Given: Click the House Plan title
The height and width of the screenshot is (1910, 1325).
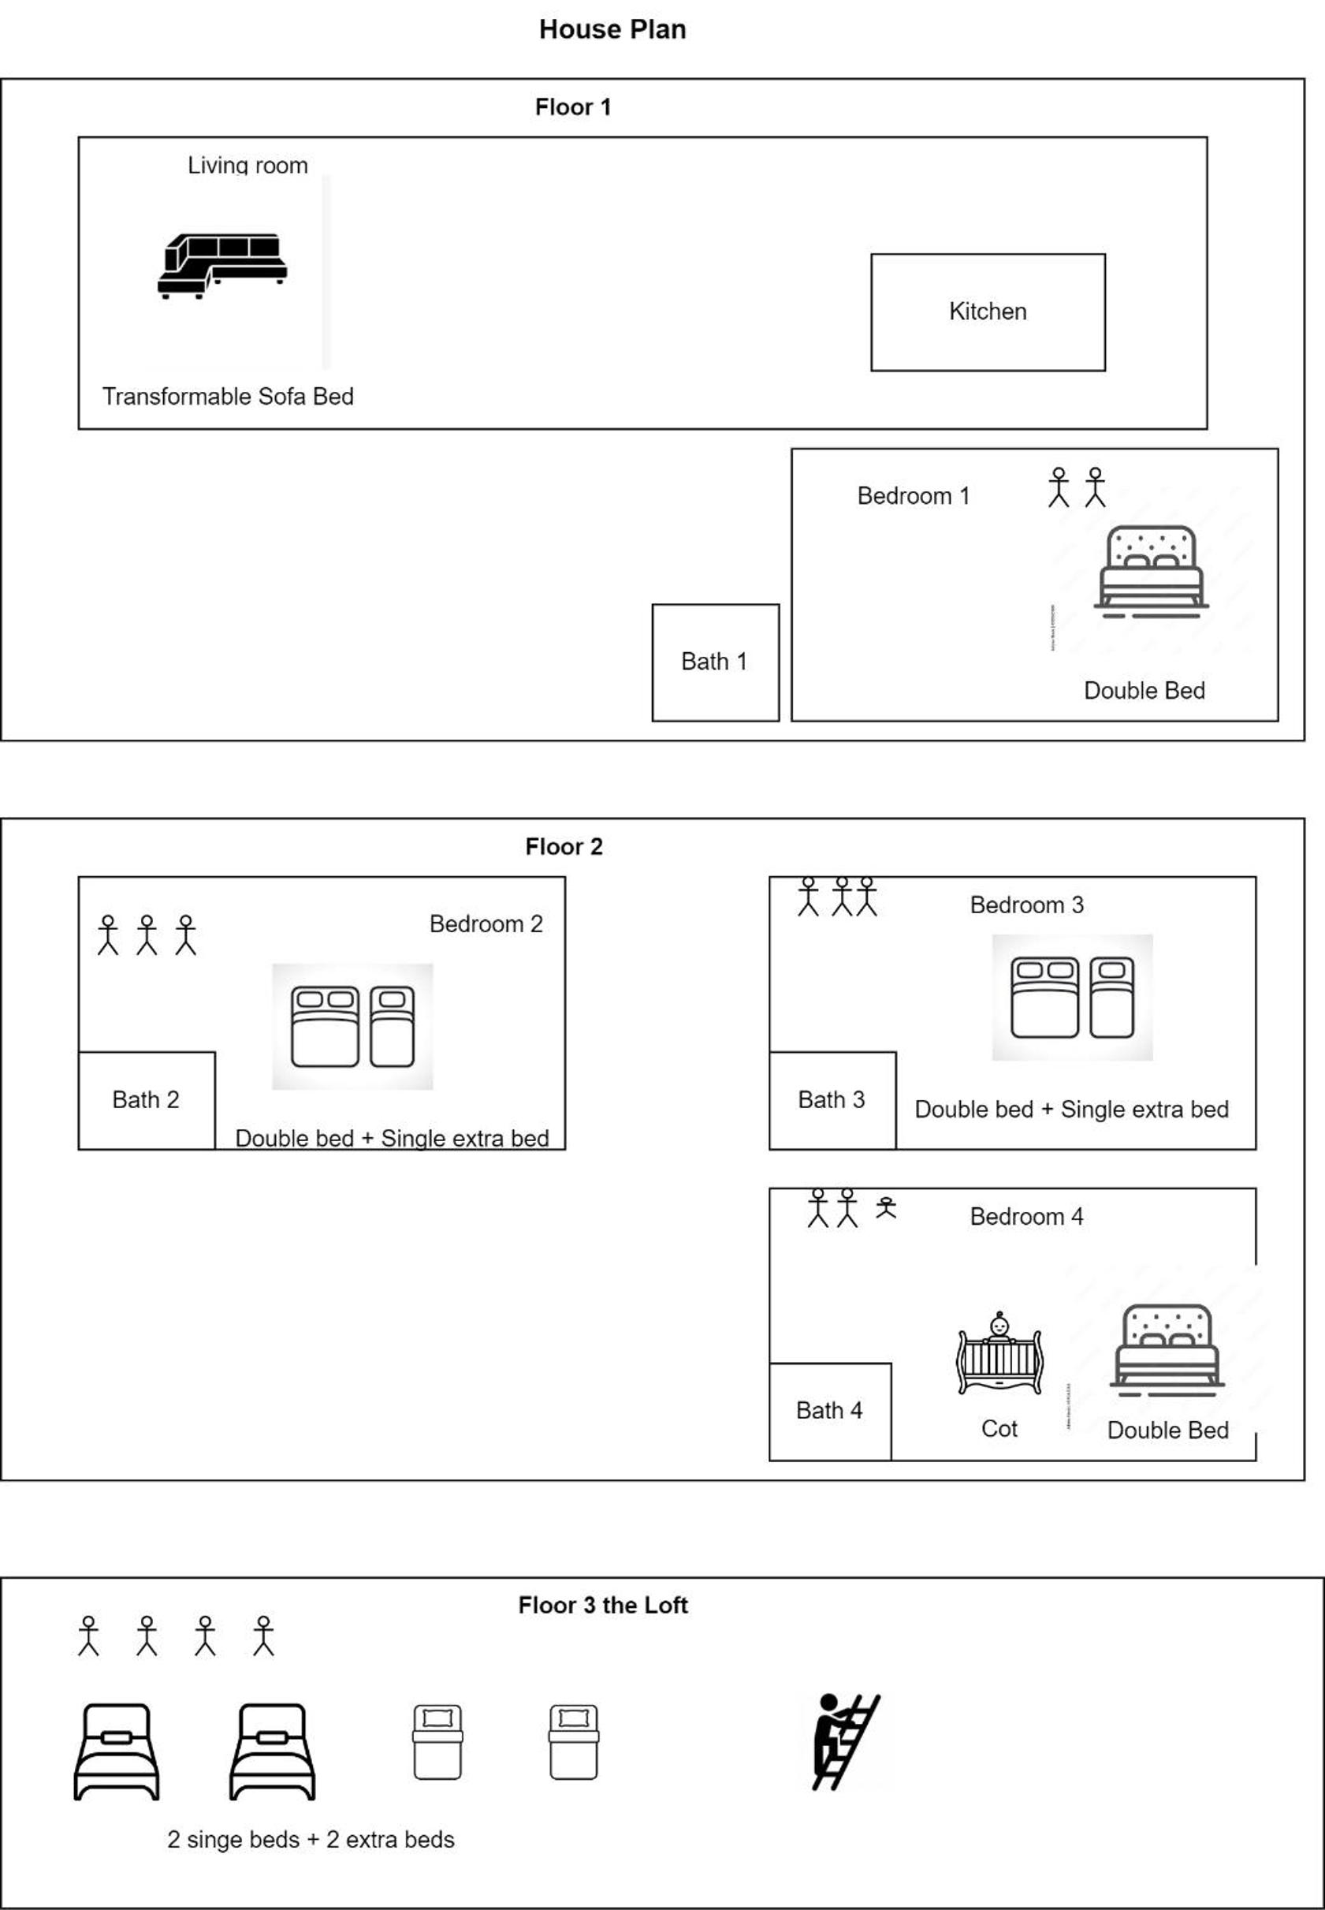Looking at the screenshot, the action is click(x=612, y=29).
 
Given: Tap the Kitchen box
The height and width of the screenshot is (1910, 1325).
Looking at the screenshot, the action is click(x=988, y=312).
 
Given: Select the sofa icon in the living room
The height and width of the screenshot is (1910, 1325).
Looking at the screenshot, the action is click(x=222, y=266).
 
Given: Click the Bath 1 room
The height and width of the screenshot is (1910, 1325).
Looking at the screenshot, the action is click(x=716, y=662).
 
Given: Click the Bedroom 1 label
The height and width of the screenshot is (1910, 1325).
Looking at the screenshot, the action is click(x=914, y=496).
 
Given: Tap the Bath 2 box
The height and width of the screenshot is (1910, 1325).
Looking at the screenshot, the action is click(x=147, y=1100).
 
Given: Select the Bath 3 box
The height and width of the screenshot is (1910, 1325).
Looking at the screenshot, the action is click(x=832, y=1100).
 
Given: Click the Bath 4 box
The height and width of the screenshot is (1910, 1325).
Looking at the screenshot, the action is click(x=830, y=1411).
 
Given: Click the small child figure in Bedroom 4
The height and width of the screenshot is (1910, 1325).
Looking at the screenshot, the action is click(x=886, y=1207).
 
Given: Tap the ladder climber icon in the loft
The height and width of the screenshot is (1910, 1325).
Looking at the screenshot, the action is click(x=845, y=1741).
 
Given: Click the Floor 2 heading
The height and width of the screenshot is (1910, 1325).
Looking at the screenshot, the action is click(x=564, y=847).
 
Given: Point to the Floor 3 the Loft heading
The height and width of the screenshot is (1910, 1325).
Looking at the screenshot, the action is click(x=603, y=1606).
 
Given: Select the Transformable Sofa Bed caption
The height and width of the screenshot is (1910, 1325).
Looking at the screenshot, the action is click(x=228, y=396).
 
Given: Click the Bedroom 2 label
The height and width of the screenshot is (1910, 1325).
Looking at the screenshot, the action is click(x=486, y=924).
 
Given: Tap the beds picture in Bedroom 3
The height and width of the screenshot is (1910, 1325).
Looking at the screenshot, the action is click(x=1072, y=998).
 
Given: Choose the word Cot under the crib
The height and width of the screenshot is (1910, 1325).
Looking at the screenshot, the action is click(x=999, y=1428).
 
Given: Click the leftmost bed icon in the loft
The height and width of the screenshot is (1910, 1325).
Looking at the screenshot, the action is click(x=116, y=1751).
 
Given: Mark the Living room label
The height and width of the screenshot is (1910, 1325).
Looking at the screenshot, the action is click(x=248, y=166).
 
